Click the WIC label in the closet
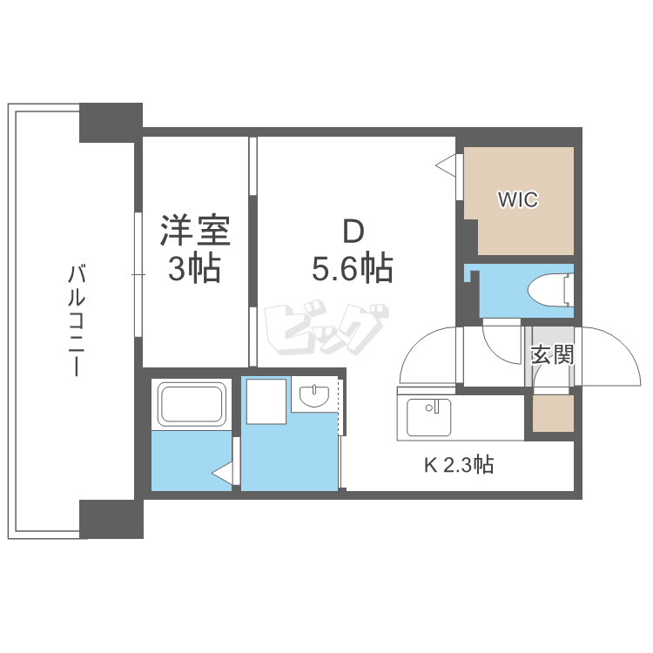518,199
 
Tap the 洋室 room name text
195,231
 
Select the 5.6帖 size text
353,267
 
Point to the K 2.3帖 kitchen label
459,464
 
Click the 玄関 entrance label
553,355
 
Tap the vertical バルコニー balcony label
77,320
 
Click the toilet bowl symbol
550,290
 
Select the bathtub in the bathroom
192,404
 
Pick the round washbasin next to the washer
314,395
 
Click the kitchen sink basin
428,417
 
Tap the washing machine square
266,401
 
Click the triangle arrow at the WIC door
446,165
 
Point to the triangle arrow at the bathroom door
222,474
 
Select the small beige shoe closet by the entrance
553,413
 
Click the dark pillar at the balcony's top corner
111,123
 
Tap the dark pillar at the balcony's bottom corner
111,519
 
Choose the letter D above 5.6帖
353,232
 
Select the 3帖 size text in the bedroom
194,269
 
